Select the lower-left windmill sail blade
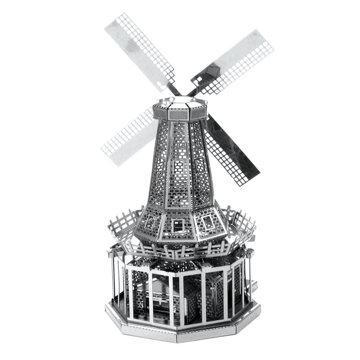click(126, 136)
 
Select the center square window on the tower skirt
click(178, 225)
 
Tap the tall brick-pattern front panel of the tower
click(179, 165)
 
